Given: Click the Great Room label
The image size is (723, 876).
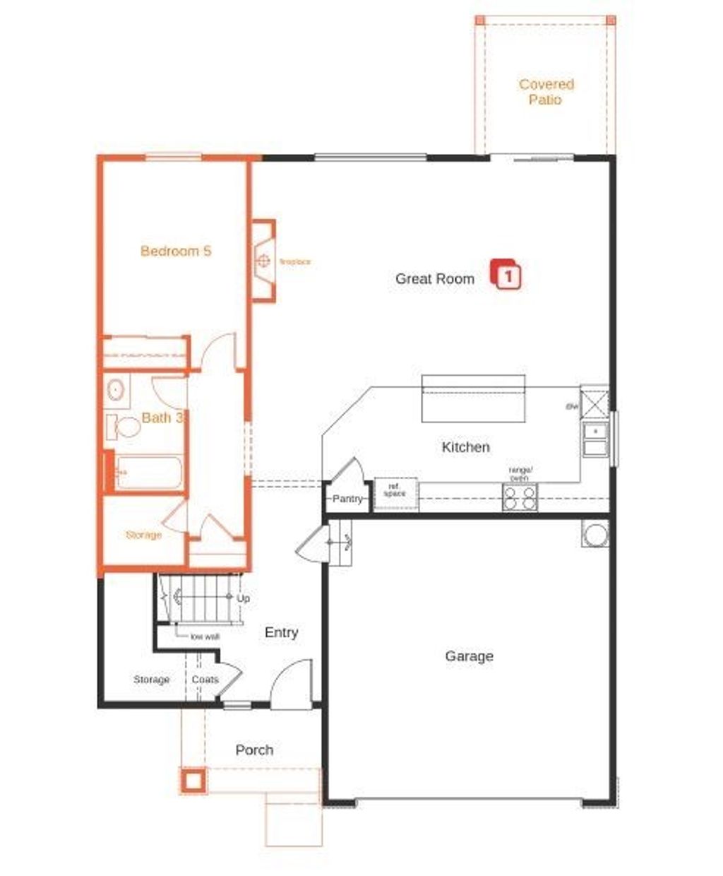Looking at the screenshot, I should [434, 278].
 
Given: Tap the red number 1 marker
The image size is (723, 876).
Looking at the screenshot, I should [507, 275].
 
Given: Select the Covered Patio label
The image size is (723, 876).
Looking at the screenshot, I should [546, 92].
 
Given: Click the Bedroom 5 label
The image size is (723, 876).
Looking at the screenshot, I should [175, 251].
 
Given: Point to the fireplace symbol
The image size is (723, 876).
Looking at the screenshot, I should [264, 261].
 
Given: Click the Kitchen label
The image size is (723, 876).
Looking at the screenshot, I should [465, 446].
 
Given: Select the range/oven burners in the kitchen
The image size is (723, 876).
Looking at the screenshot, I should [520, 497].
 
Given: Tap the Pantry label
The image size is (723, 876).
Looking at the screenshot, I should [347, 499].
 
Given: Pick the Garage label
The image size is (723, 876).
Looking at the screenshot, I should [469, 656].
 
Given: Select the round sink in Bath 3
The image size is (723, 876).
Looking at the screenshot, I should [116, 389].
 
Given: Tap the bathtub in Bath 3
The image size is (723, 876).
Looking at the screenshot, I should [148, 472].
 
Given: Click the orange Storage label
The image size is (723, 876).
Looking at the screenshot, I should [143, 535].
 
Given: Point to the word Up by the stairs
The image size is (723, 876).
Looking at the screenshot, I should [244, 598].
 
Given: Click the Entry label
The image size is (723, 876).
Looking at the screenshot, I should [281, 633].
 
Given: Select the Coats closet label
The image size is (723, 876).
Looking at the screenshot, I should [205, 680].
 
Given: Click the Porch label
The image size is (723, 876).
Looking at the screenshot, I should [254, 750].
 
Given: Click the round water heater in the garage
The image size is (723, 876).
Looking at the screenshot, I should [595, 534].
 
